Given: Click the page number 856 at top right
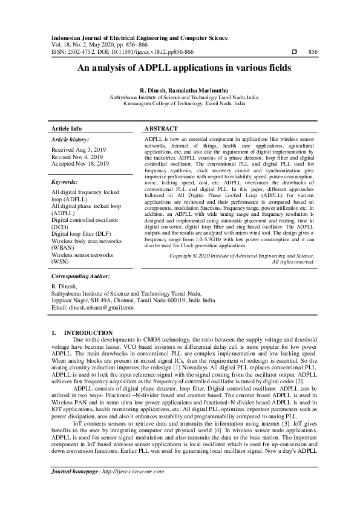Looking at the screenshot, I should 313,52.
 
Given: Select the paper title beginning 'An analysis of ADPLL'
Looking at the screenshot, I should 180,69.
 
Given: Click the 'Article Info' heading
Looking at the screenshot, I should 67,129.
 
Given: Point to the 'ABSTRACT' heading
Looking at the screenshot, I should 161,129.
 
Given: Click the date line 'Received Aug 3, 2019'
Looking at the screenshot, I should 80,149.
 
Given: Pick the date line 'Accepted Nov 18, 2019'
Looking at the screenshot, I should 80,163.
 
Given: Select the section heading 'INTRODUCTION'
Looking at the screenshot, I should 88,333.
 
